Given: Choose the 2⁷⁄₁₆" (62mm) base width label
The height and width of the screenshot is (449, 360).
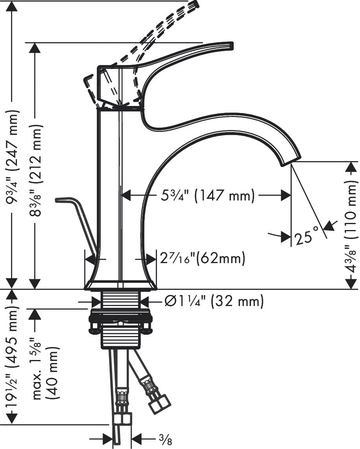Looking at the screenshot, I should coord(202,259).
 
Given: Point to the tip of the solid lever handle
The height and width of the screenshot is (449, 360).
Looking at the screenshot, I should coord(229,46).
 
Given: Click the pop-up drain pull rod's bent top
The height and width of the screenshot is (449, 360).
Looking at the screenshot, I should coord(63,200).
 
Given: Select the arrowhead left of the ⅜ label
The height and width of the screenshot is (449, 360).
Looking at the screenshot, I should coord(108,438).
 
